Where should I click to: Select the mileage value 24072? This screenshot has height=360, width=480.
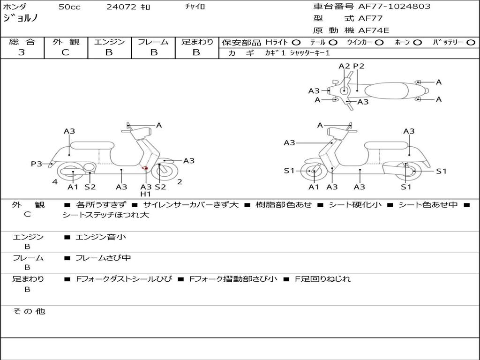coord(121,7)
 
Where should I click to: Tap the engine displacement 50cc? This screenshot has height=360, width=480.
coord(69,7)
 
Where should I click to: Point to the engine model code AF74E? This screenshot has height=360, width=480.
coord(374,30)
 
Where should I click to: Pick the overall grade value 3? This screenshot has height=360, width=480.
coord(22,52)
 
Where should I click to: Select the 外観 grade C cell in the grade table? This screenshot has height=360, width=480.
coord(66,52)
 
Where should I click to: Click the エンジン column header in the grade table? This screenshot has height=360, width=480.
coord(109,42)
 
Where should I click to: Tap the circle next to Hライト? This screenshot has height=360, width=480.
coord(296,42)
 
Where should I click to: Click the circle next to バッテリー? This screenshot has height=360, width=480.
coord(471,42)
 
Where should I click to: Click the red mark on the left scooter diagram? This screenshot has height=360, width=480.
coord(145,168)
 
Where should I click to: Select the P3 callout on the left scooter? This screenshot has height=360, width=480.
coord(37,164)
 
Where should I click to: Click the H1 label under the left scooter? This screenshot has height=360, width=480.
coord(146,194)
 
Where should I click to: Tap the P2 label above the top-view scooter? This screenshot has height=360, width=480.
coord(359,66)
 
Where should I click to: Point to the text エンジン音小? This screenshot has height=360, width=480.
coord(101,237)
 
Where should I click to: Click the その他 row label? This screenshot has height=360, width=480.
coord(29,311)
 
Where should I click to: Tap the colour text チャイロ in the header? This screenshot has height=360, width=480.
coord(195,7)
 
